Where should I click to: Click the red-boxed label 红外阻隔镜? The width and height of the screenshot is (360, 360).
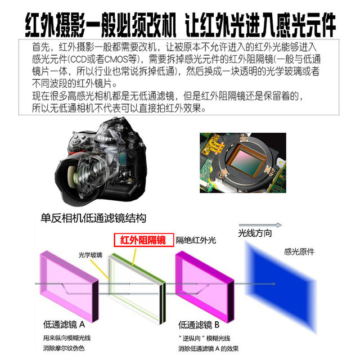click(143, 241)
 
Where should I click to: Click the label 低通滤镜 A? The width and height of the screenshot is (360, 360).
click(64, 325)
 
